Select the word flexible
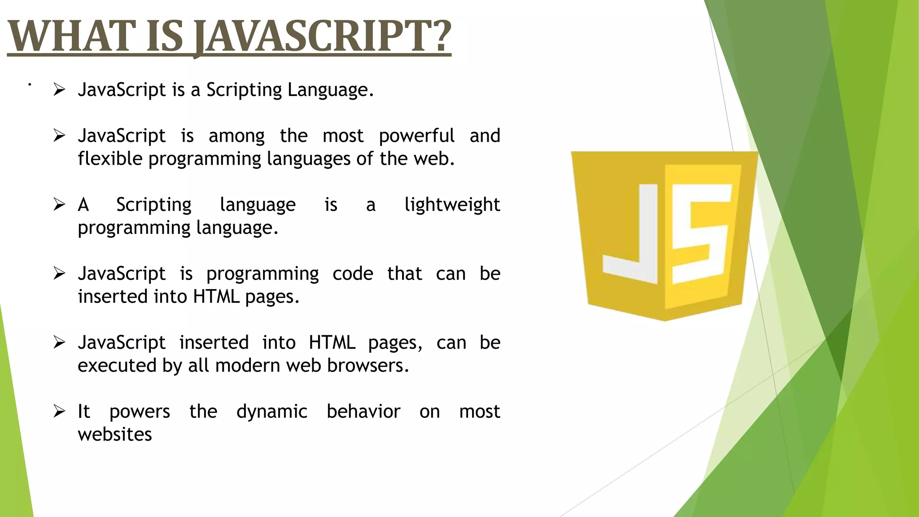click(x=110, y=159)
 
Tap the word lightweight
click(x=452, y=205)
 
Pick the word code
click(x=353, y=274)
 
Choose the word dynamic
click(x=272, y=412)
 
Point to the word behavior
click(x=363, y=411)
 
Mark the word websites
click(x=115, y=434)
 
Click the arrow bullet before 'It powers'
click(x=59, y=411)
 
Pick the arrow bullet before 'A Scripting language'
click(x=59, y=204)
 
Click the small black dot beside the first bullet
click(x=30, y=84)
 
